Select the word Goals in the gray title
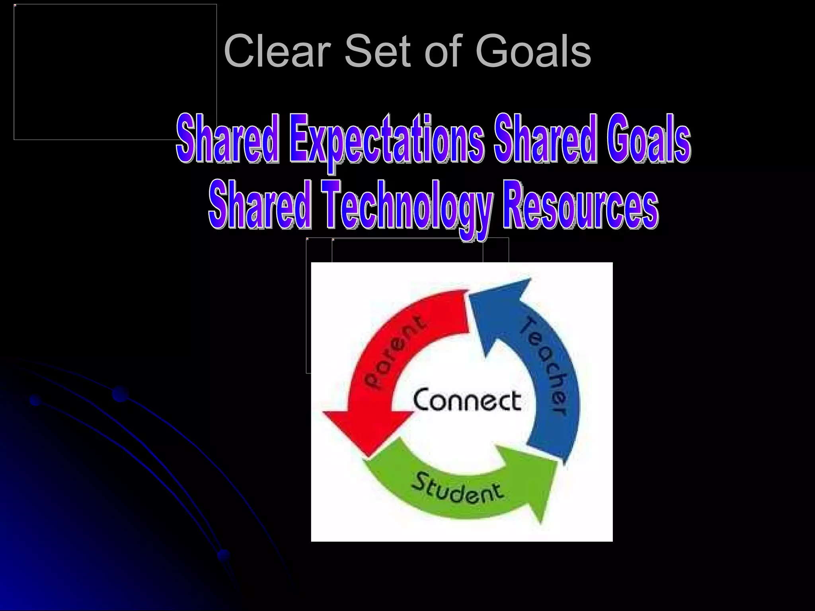click(533, 52)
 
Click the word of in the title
click(446, 52)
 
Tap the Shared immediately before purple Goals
click(545, 139)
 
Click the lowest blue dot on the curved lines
click(224, 555)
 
